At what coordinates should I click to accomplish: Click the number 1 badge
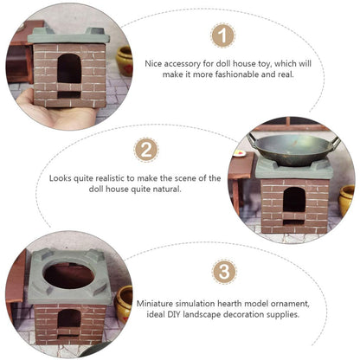pyautogui.click(x=223, y=35)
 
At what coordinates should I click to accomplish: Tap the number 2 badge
pyautogui.click(x=146, y=150)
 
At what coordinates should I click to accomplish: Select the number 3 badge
pyautogui.click(x=224, y=272)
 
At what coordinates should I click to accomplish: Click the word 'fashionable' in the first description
pyautogui.click(x=233, y=74)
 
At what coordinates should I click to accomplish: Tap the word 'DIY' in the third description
pyautogui.click(x=174, y=314)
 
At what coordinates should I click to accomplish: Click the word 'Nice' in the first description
pyautogui.click(x=153, y=63)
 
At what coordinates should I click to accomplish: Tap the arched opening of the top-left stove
pyautogui.click(x=69, y=68)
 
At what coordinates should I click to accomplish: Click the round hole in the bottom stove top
pyautogui.click(x=69, y=275)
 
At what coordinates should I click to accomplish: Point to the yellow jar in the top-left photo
pyautogui.click(x=125, y=61)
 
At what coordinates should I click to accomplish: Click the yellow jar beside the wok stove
pyautogui.click(x=347, y=201)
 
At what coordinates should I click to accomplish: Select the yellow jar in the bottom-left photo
pyautogui.click(x=124, y=305)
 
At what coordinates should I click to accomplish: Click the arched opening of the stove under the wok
pyautogui.click(x=294, y=200)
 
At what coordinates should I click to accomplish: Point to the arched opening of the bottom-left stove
pyautogui.click(x=69, y=318)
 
